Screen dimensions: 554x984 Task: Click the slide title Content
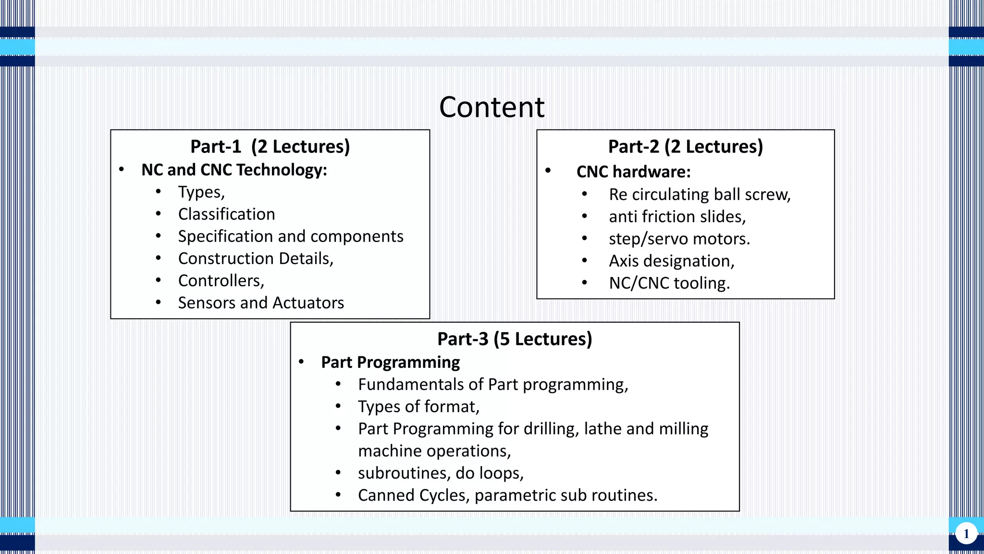tap(492, 107)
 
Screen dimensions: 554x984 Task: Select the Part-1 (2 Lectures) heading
tap(270, 147)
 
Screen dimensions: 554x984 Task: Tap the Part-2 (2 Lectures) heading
tap(685, 147)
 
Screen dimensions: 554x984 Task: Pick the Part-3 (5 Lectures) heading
tap(515, 339)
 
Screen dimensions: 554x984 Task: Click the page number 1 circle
tap(966, 534)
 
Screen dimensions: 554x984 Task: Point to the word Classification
tap(226, 214)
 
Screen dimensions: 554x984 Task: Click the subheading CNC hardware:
tap(633, 172)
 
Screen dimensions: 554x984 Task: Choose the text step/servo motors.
tap(679, 239)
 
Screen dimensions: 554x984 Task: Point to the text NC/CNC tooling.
tap(669, 283)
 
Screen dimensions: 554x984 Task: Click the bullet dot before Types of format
tap(338, 406)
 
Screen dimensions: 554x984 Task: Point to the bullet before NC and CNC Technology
tap(122, 169)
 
